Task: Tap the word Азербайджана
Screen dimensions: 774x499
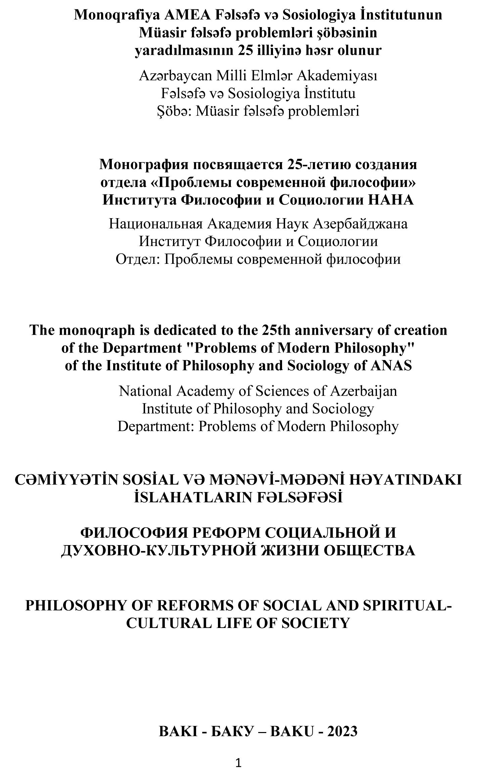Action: (360, 224)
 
